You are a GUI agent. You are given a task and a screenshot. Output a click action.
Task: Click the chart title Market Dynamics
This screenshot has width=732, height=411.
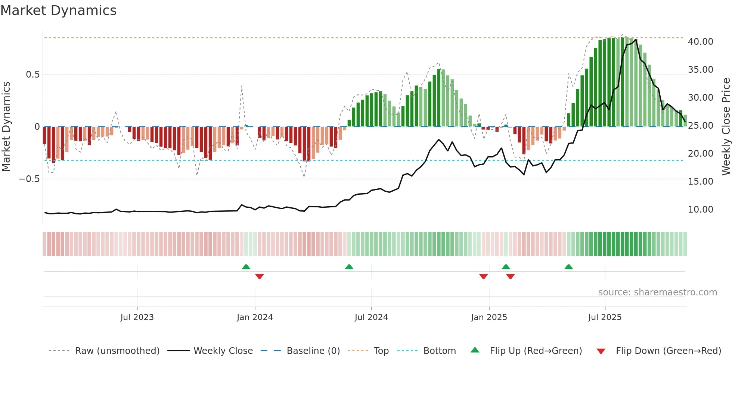tap(58, 10)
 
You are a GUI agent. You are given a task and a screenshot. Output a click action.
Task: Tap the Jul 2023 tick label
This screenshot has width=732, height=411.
tap(137, 317)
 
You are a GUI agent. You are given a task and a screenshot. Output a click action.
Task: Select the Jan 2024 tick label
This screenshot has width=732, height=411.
tap(255, 317)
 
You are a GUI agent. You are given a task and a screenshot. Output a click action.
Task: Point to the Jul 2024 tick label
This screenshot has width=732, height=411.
tap(371, 317)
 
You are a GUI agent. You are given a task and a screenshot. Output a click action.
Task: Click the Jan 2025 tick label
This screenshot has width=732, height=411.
tap(489, 317)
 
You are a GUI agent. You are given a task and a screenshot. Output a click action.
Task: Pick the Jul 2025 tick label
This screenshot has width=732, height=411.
tap(605, 317)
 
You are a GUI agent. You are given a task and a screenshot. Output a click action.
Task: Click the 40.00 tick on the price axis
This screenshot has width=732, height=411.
tap(700, 42)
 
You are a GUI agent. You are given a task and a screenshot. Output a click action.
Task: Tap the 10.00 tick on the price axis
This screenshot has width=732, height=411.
tap(700, 210)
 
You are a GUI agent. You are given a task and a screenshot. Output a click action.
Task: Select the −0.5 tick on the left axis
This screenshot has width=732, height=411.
tap(29, 179)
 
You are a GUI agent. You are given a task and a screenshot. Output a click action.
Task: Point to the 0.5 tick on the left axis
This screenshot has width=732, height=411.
tap(32, 75)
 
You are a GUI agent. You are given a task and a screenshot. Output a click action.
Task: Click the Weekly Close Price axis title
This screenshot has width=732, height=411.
tap(726, 127)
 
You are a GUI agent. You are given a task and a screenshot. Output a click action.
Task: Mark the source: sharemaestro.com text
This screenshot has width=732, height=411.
tap(657, 292)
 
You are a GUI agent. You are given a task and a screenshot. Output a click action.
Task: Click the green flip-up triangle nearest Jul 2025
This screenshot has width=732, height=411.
tap(568, 267)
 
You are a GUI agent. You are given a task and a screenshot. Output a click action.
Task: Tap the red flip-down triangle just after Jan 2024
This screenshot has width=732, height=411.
tap(260, 276)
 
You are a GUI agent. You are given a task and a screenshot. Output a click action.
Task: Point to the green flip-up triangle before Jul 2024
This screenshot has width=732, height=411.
tap(349, 267)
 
